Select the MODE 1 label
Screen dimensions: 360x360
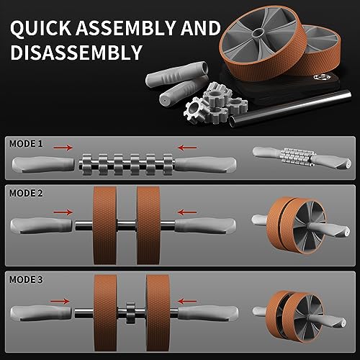(x=26, y=143)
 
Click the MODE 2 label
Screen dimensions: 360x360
(x=26, y=194)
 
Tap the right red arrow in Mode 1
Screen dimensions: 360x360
(x=189, y=147)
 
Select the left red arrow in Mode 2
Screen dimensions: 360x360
(x=64, y=212)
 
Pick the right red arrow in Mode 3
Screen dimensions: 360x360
(x=189, y=302)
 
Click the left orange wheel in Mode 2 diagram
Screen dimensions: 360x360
(x=107, y=223)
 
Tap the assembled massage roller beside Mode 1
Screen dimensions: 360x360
(x=288, y=157)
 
